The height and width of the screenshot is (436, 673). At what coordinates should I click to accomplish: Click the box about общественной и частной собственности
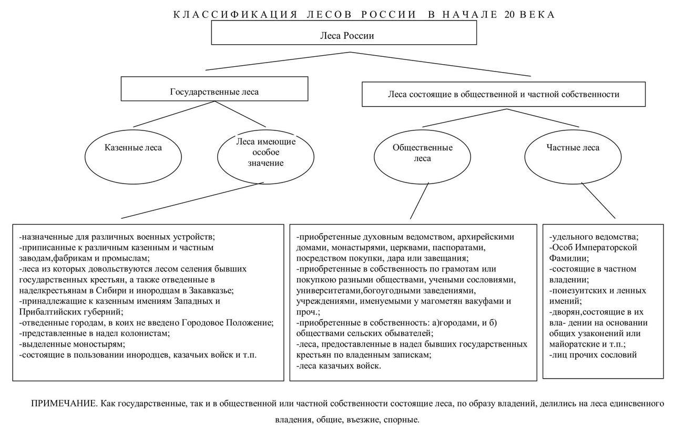pyautogui.click(x=503, y=95)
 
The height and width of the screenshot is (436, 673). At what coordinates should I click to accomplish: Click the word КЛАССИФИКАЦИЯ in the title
pyautogui.click(x=235, y=14)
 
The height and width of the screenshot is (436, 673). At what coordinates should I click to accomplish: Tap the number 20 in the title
pyautogui.click(x=509, y=14)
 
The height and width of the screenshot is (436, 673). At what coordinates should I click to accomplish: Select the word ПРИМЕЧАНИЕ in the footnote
pyautogui.click(x=64, y=403)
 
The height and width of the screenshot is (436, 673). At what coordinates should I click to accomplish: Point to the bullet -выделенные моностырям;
pyautogui.click(x=72, y=344)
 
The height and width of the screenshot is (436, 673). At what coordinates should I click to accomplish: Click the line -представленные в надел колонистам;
pyautogui.click(x=94, y=333)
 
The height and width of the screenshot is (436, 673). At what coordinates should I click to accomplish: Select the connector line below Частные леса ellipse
pyautogui.click(x=598, y=200)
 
